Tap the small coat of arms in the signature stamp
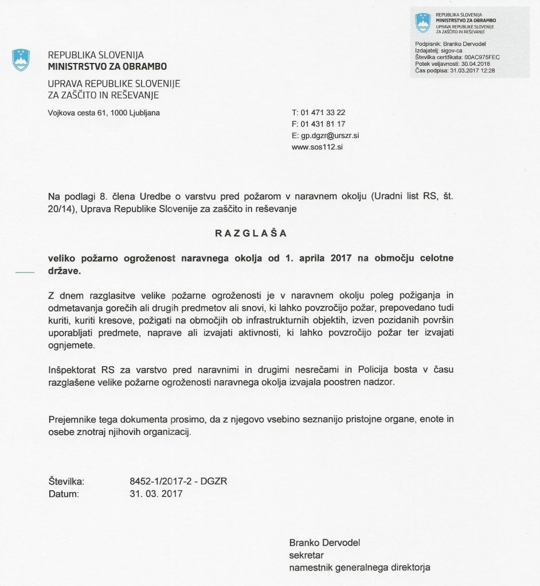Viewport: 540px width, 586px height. pyautogui.click(x=422, y=22)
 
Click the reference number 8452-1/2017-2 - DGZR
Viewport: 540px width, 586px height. pyautogui.click(x=179, y=481)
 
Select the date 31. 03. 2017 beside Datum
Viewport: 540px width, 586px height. pyautogui.click(x=156, y=493)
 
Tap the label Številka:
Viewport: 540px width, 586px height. pyautogui.click(x=66, y=481)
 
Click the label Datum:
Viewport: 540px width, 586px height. pyautogui.click(x=63, y=493)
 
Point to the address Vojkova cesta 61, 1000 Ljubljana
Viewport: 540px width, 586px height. pyautogui.click(x=104, y=113)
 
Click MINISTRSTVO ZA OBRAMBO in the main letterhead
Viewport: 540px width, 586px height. pyautogui.click(x=107, y=67)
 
